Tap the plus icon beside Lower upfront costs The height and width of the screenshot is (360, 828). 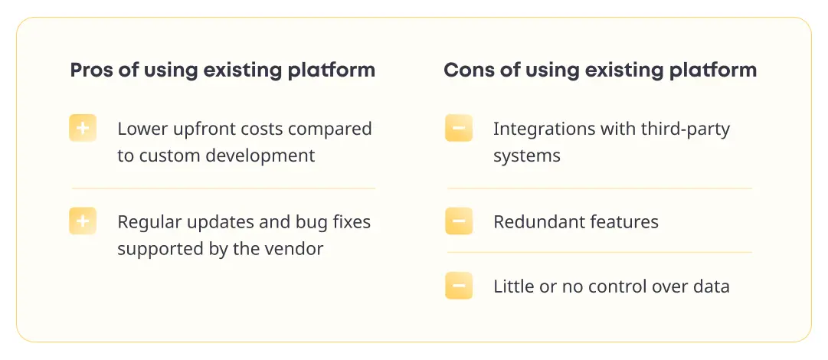pos(83,128)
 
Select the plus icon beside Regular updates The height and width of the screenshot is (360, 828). pos(83,221)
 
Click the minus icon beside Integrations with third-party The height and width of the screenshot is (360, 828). pos(459,128)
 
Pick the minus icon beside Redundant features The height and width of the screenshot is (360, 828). pos(459,221)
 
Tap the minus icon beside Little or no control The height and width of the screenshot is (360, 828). pos(459,286)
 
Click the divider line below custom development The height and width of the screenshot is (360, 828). pos(224,188)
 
